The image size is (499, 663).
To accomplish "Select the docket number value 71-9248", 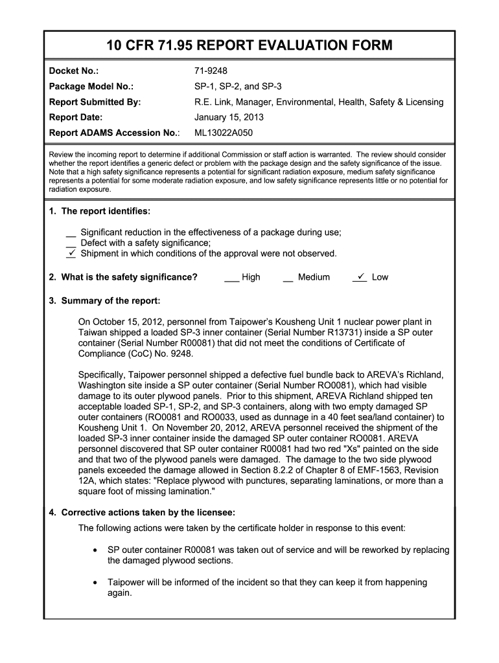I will click(211, 71).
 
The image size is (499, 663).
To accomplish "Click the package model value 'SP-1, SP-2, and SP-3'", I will click(238, 86).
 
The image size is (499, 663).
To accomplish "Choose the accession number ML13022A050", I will click(224, 133).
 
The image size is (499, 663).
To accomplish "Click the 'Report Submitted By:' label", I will click(95, 102).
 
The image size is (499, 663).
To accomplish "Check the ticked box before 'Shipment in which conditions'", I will click(71, 253).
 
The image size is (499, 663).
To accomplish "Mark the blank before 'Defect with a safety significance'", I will click(71, 243).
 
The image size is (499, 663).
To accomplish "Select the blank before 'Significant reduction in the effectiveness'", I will click(71, 232).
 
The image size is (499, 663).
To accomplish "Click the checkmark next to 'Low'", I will click(360, 276).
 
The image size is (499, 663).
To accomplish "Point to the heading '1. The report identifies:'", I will click(100, 212).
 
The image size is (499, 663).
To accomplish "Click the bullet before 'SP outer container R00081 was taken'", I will click(95, 550).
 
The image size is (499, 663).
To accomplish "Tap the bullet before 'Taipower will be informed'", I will click(95, 582).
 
